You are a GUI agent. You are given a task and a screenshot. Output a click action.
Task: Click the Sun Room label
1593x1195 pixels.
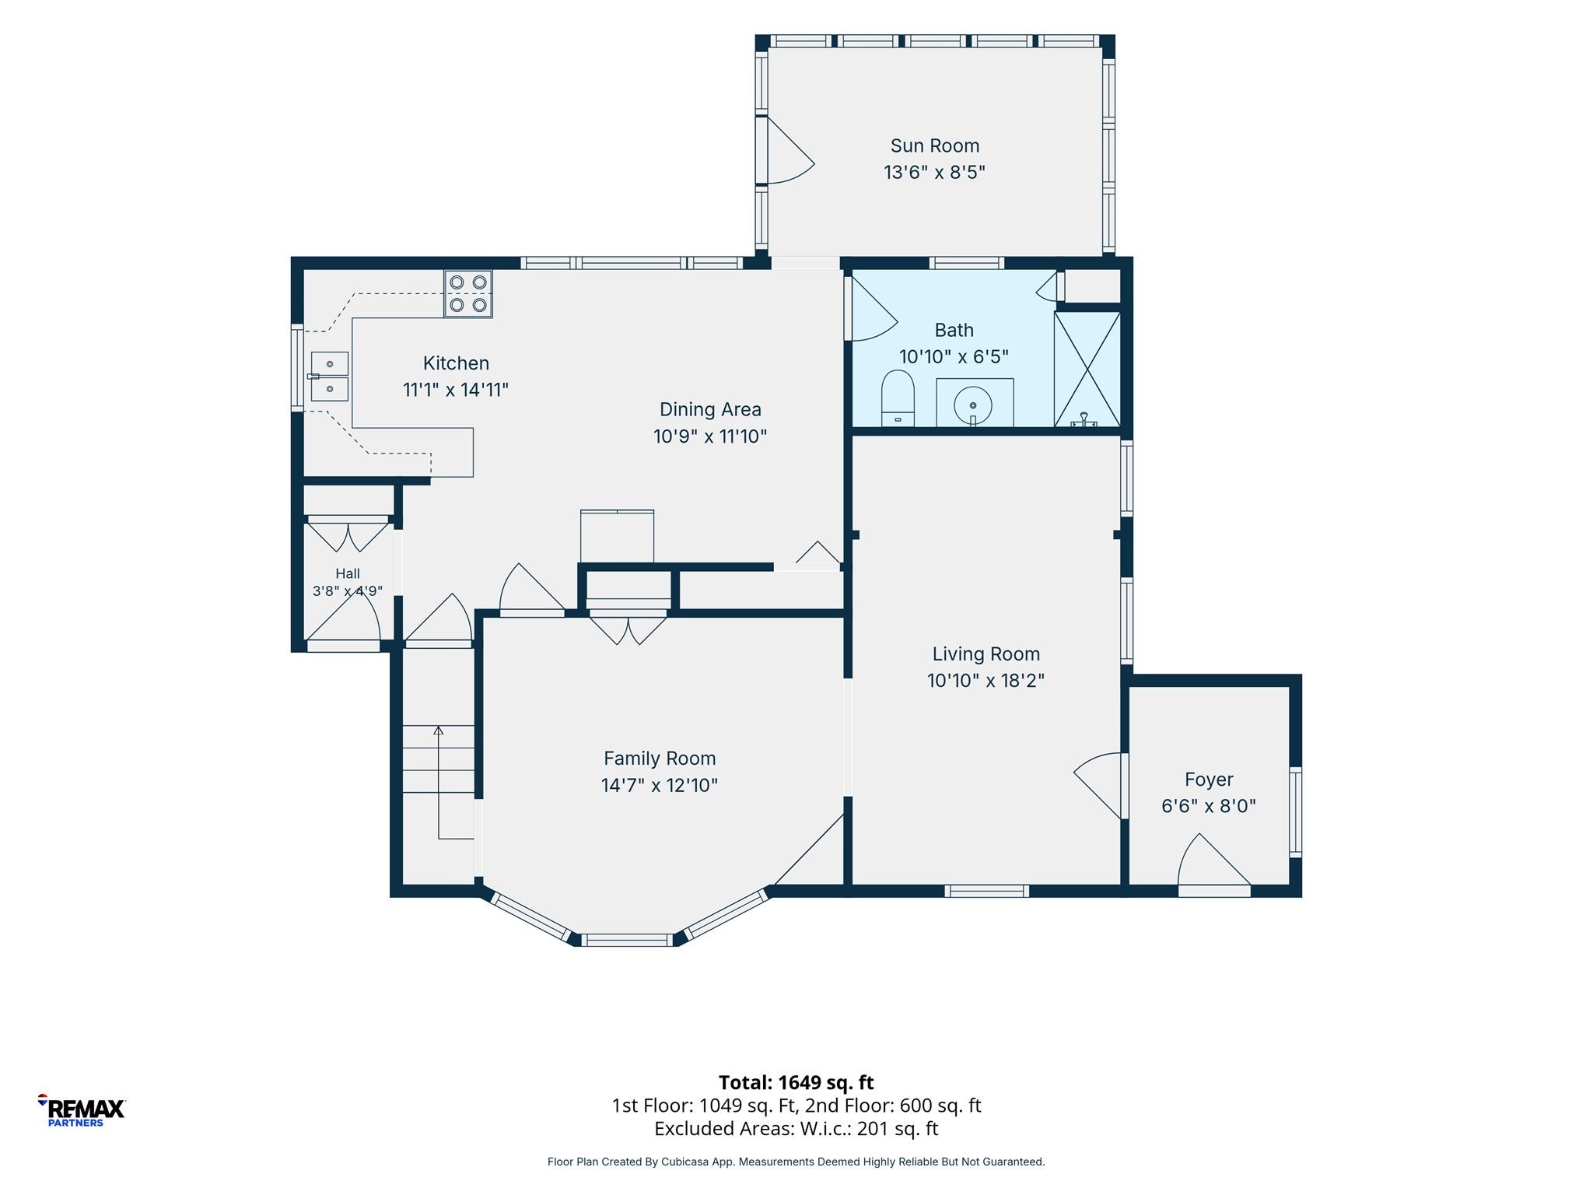tap(934, 145)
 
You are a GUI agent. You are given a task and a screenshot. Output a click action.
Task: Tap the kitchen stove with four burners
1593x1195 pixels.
tap(468, 293)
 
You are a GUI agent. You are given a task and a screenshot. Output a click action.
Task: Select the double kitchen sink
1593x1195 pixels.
tap(329, 377)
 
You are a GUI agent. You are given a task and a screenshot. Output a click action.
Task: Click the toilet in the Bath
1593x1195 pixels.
tap(898, 398)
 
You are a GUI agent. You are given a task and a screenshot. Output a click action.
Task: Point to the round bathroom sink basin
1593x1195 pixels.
tap(973, 405)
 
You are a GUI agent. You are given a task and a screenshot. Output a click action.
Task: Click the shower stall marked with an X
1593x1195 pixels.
tap(1087, 369)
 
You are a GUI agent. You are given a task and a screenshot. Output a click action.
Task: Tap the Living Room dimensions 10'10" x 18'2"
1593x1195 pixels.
tap(986, 681)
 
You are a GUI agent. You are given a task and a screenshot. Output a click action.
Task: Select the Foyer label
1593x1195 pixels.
tap(1209, 780)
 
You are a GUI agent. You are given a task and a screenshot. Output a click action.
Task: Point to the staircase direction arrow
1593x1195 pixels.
tap(439, 783)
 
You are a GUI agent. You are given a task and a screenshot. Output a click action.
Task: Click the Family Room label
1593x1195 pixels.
tap(660, 759)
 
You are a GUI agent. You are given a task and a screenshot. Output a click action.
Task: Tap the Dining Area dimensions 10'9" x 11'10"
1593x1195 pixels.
tap(710, 436)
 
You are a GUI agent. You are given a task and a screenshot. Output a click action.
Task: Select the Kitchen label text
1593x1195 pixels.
tap(456, 363)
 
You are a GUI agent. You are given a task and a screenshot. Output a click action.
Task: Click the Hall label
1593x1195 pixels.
tap(348, 573)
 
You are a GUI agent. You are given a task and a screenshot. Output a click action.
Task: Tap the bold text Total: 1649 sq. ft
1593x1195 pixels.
tap(796, 1082)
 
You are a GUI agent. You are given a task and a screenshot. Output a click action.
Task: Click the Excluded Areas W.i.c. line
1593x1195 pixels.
tap(796, 1129)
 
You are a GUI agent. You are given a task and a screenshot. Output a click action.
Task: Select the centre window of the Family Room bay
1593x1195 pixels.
tap(627, 940)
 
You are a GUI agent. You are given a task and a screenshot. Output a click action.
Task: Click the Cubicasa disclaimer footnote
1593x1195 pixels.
tap(796, 1162)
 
